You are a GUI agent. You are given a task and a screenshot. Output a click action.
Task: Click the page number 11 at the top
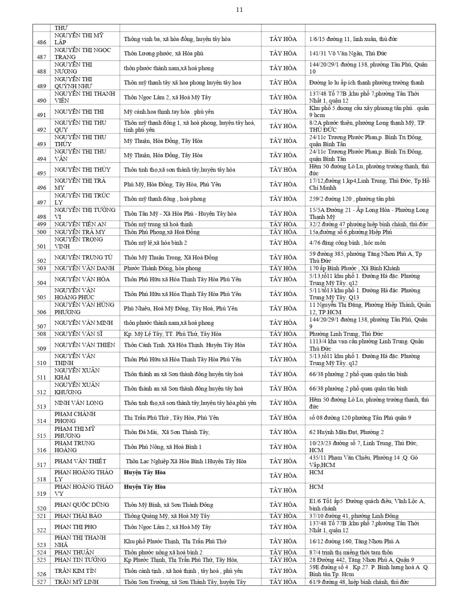(239, 10)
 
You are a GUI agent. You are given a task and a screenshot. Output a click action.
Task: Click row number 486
(41, 42)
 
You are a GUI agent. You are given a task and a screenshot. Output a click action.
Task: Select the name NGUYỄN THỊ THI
(79, 112)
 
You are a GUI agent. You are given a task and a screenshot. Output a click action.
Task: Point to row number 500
(41, 232)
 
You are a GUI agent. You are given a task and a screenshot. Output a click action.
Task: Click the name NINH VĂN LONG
(79, 403)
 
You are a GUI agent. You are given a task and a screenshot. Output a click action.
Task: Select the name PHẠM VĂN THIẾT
(80, 461)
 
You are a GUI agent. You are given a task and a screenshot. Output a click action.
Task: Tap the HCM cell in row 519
(316, 487)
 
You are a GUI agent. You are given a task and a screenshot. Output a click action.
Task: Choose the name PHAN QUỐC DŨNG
(82, 505)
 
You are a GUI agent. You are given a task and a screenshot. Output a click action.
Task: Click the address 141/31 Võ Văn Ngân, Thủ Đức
(348, 54)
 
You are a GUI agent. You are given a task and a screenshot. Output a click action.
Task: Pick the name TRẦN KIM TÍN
(75, 570)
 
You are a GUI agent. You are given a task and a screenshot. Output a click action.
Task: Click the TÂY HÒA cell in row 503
(283, 268)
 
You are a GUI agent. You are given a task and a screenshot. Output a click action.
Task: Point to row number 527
(41, 582)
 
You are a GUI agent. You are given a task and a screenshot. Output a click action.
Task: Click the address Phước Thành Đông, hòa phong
(162, 268)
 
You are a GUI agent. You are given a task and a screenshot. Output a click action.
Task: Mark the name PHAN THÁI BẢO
(78, 516)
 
